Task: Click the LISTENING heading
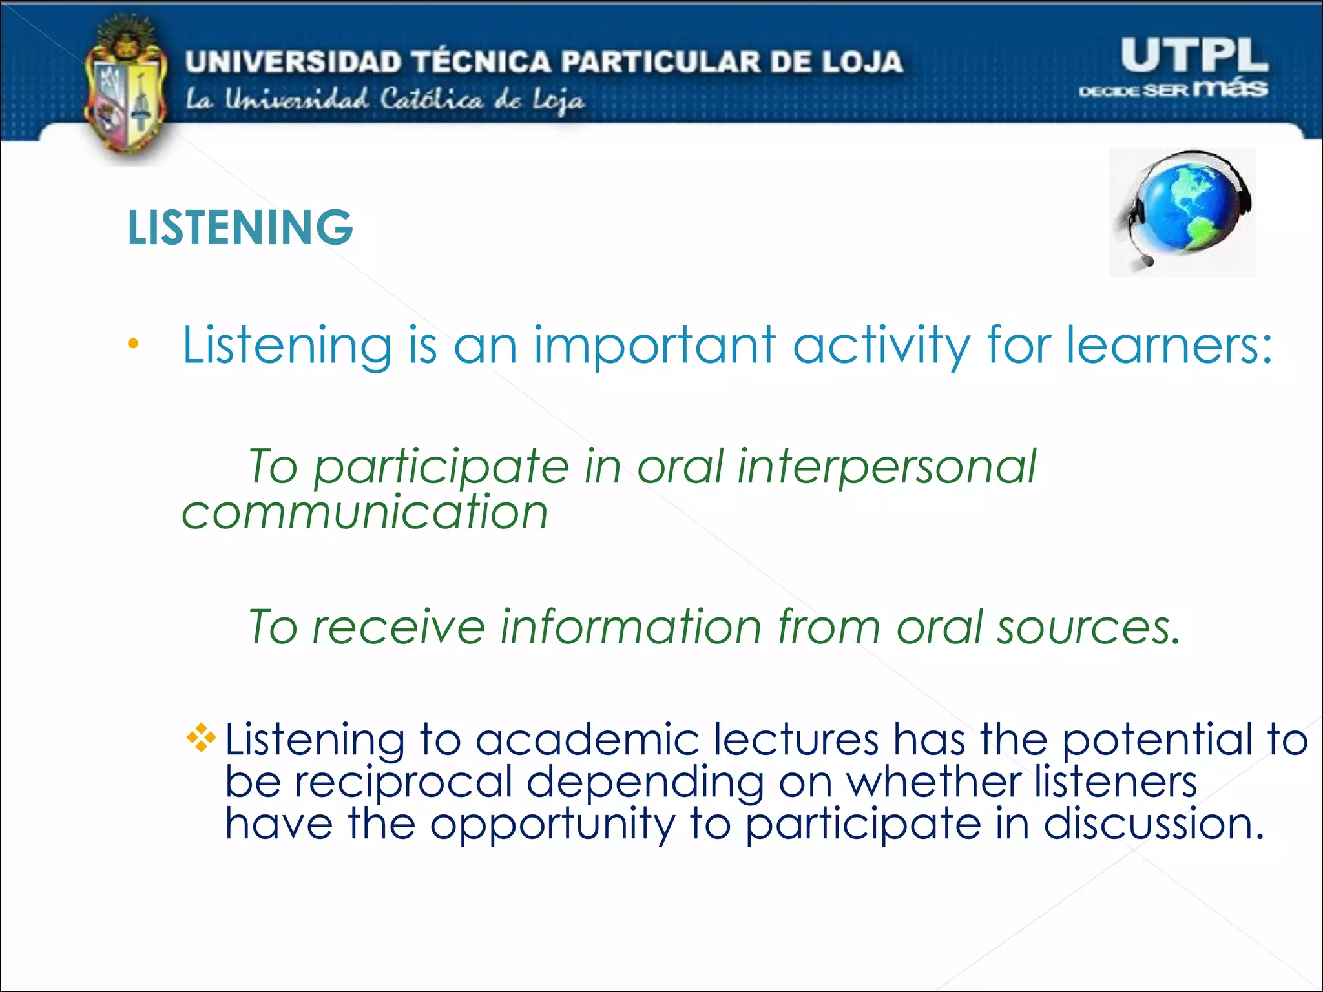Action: tap(240, 227)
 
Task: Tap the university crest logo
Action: tap(126, 90)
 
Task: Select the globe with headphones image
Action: tap(1182, 212)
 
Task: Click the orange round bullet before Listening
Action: tap(133, 344)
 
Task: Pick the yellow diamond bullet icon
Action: tap(201, 738)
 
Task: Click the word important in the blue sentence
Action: tap(654, 347)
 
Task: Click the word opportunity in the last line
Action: tap(552, 825)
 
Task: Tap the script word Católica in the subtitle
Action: tap(431, 100)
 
